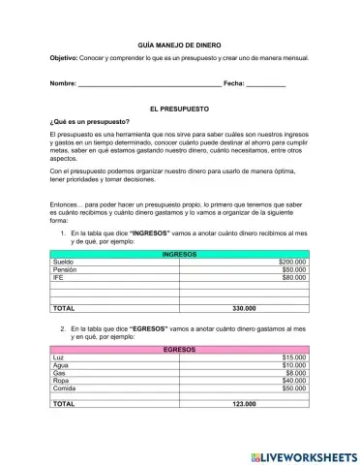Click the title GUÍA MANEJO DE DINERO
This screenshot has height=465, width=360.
pyautogui.click(x=179, y=45)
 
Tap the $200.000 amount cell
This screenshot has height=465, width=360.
pyautogui.click(x=291, y=262)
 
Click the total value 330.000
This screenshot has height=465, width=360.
pyautogui.click(x=244, y=308)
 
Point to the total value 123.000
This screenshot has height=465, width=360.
pyautogui.click(x=244, y=403)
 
